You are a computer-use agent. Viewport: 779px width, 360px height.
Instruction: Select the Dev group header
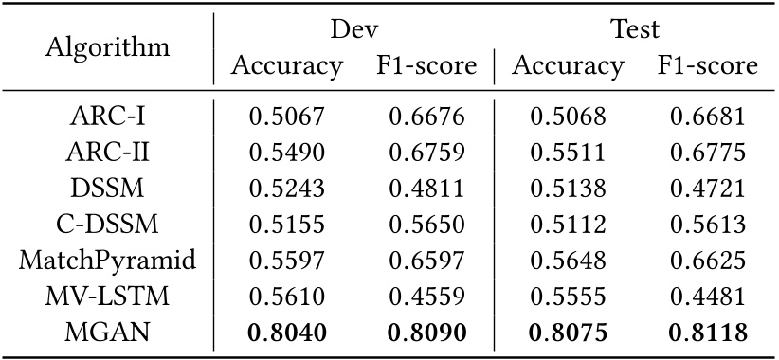[355, 28]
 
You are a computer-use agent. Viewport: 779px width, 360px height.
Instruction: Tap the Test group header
[636, 28]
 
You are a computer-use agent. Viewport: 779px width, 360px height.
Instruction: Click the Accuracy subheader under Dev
[287, 66]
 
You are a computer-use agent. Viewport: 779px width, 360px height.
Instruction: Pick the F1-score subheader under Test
[708, 66]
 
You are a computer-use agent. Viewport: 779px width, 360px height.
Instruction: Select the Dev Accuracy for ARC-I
[287, 117]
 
